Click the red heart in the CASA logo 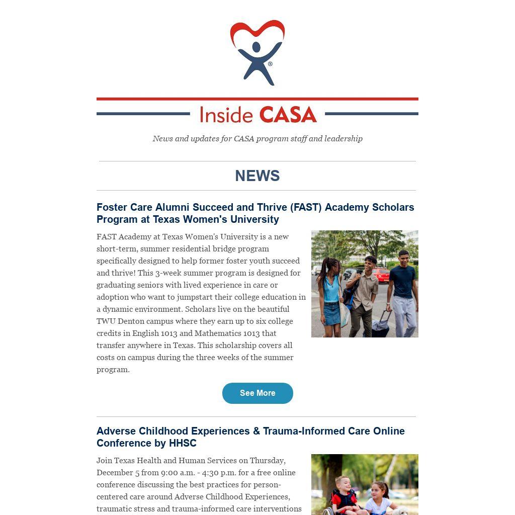pos(257,30)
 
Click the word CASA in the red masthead pos(288,115)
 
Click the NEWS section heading pos(257,176)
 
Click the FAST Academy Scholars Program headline pos(255,213)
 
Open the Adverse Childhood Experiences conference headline pos(250,437)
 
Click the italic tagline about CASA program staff pos(257,139)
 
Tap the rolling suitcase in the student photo pos(381,324)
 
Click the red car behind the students pos(381,275)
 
